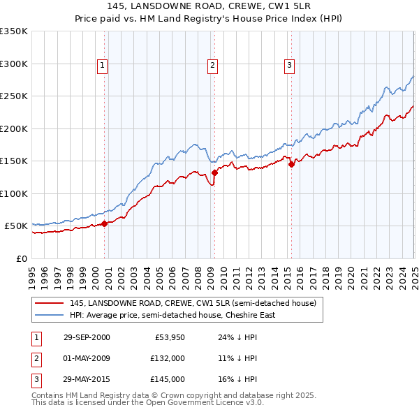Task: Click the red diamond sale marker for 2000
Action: pos(105,223)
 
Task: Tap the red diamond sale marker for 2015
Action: pos(291,164)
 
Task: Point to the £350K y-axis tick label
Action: pos(14,31)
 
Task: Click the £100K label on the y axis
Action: pos(14,193)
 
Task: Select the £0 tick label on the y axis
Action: pos(21,258)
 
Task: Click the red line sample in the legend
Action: pos(48,303)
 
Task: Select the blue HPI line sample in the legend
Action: pos(48,315)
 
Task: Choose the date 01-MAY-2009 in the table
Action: pos(87,358)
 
